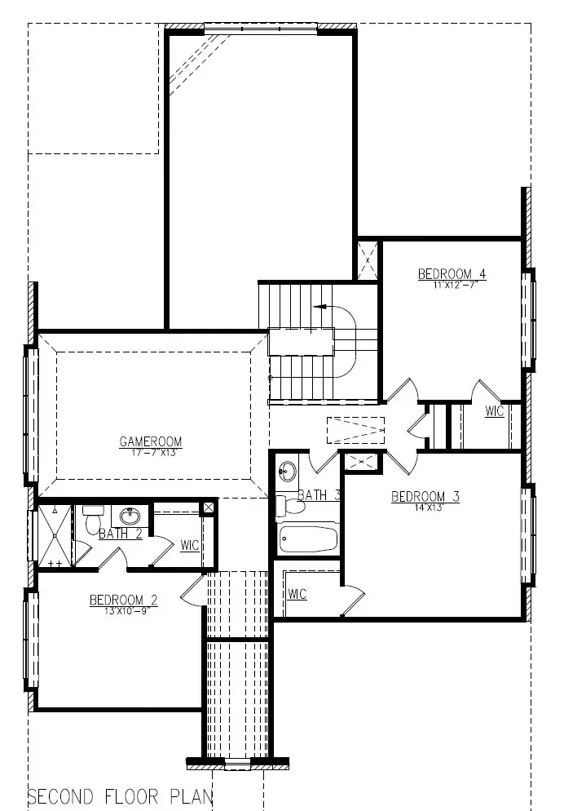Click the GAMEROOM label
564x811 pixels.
click(151, 442)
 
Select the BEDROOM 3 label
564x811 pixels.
click(425, 496)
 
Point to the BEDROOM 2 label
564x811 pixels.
click(124, 600)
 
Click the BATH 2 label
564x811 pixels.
click(121, 534)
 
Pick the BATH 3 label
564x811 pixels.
click(319, 494)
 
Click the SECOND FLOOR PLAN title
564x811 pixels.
click(121, 795)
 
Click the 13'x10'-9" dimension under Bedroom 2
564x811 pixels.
click(124, 610)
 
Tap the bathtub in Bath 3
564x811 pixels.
click(307, 539)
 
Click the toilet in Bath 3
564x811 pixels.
click(290, 506)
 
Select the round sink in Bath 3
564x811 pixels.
click(288, 471)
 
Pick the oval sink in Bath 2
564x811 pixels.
click(130, 516)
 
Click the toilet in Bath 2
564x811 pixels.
click(90, 522)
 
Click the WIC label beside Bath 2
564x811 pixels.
click(190, 545)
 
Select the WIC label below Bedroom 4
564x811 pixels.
click(495, 411)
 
